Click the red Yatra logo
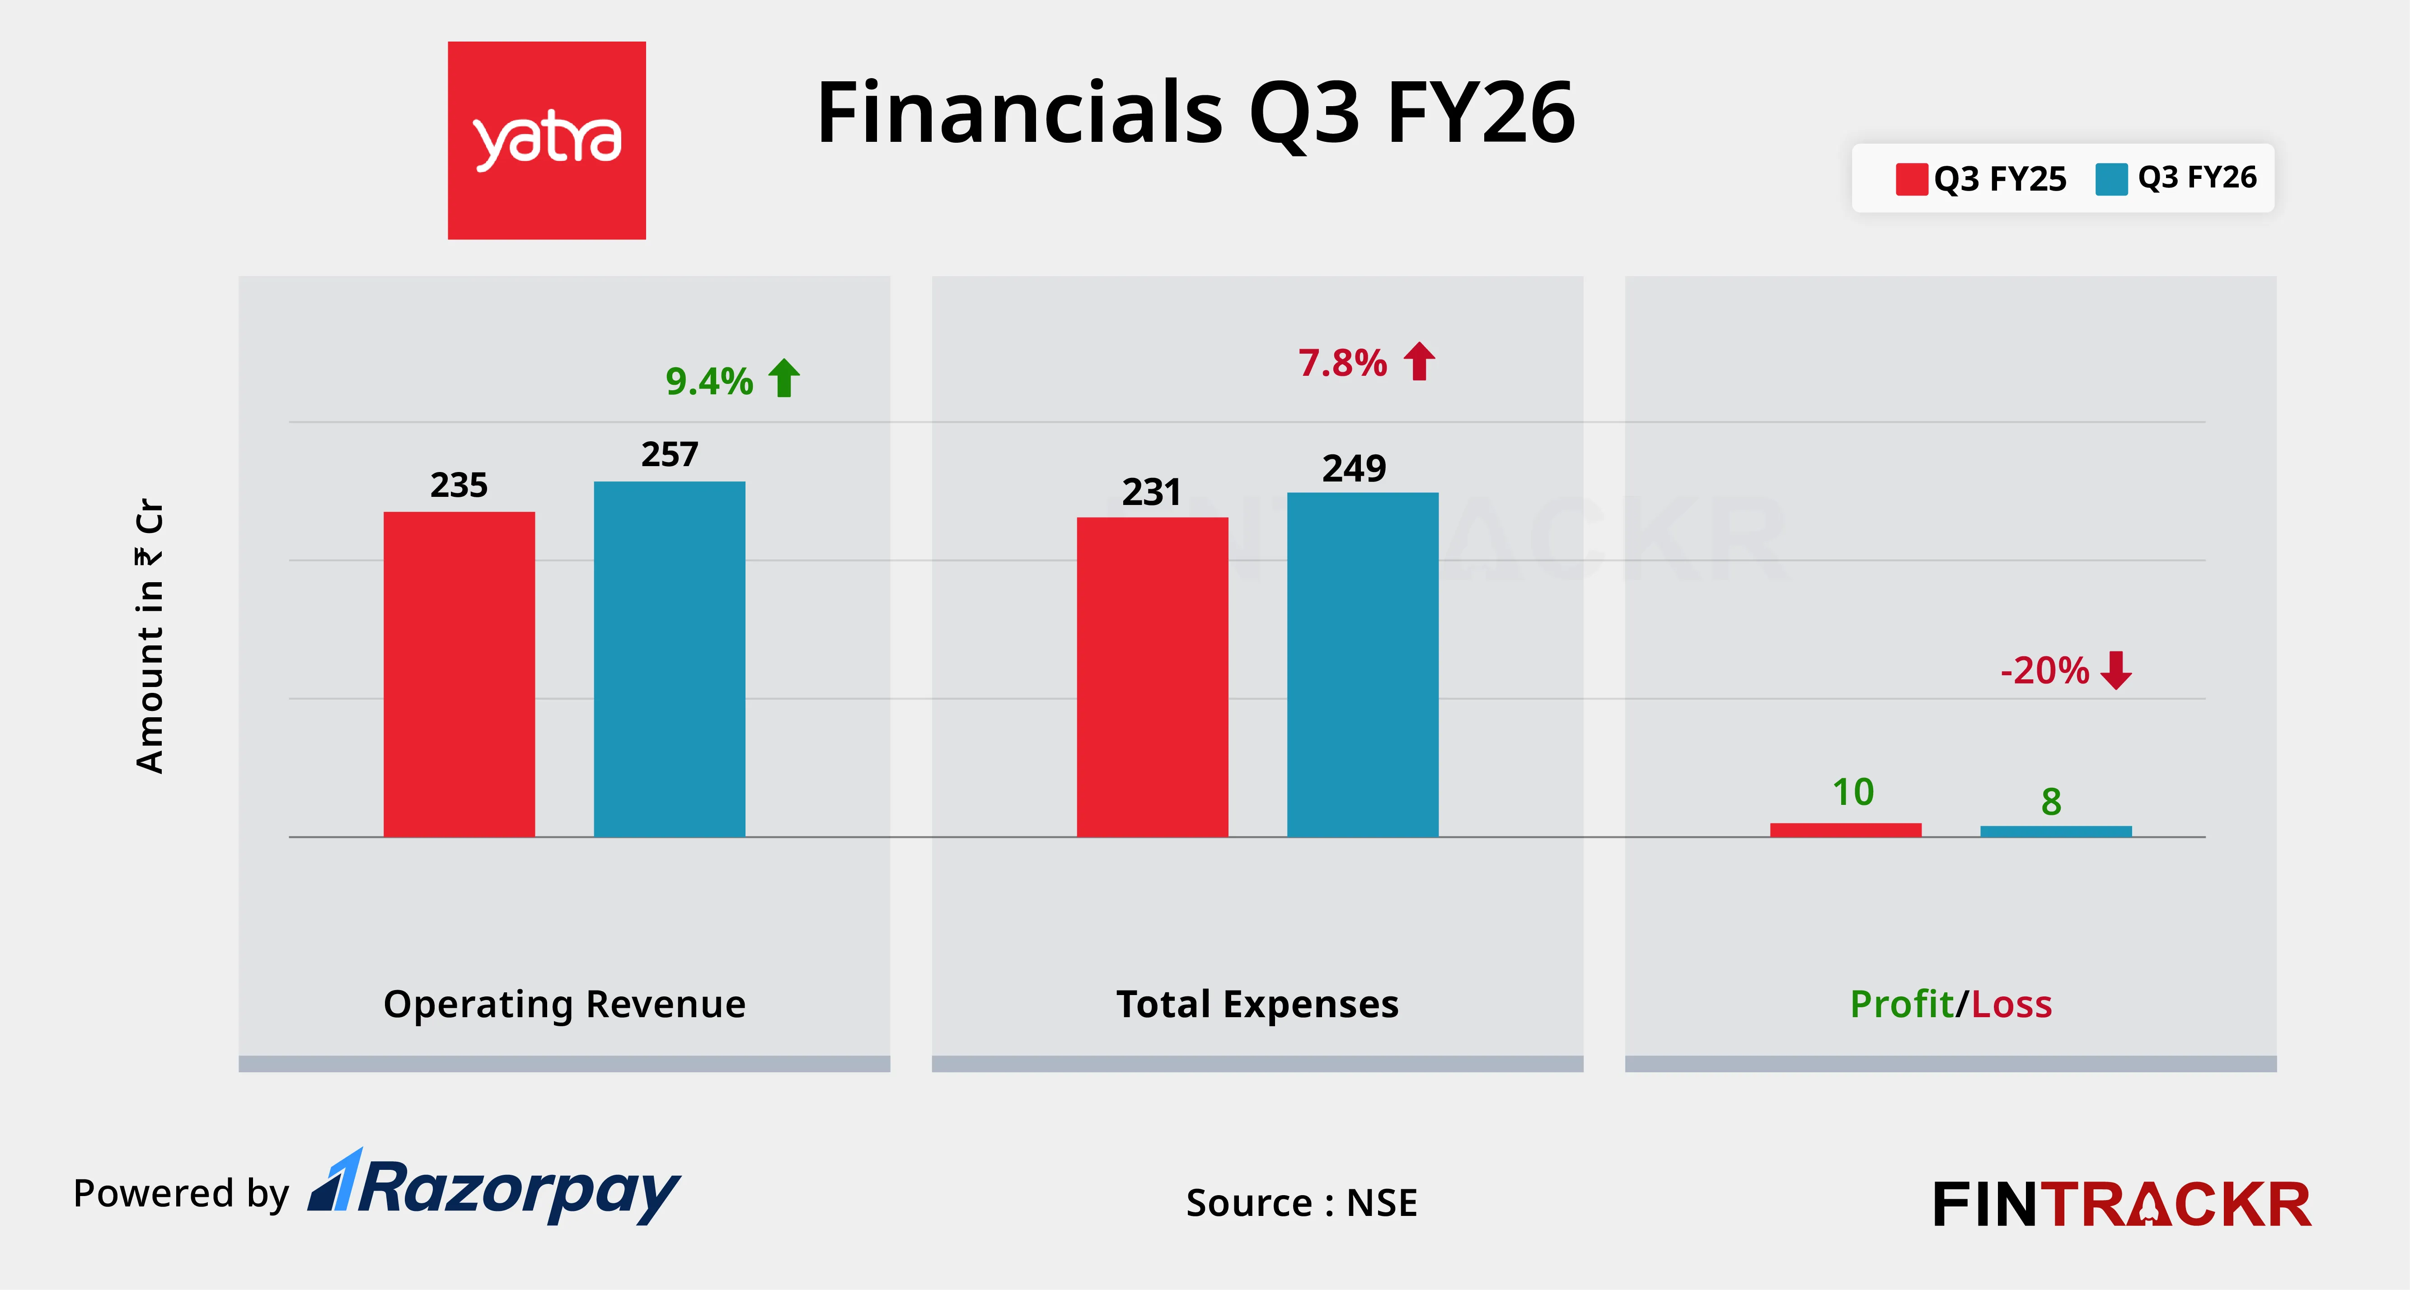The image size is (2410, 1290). pos(546,140)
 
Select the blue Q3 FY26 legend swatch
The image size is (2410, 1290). pos(2110,179)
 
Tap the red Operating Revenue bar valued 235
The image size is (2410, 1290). pos(459,673)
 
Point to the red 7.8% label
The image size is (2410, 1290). pos(1341,363)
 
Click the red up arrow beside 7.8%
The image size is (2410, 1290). pos(1419,361)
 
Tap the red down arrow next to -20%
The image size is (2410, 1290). pos(2115,670)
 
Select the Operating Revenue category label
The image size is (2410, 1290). pos(564,1004)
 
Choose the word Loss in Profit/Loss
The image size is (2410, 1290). pos(2011,1004)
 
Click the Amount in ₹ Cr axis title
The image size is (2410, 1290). pos(150,636)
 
